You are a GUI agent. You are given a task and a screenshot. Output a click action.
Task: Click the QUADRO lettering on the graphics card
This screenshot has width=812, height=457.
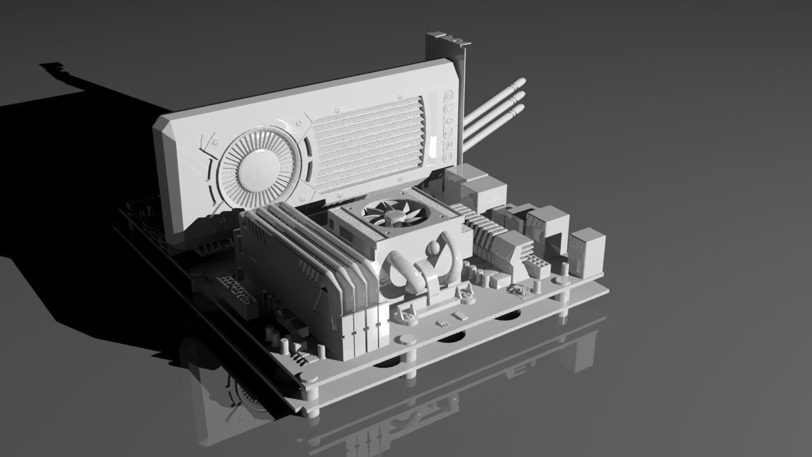click(x=447, y=124)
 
